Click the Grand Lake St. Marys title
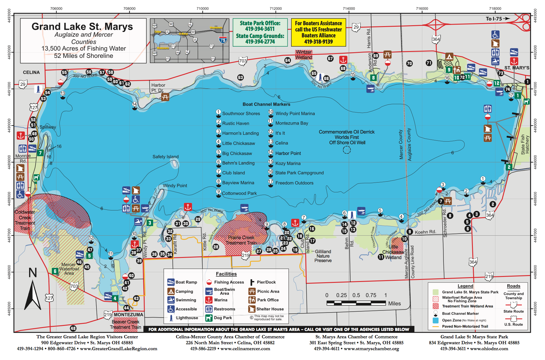pos(82,27)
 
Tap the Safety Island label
pos(165,157)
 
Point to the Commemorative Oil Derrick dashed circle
pos(347,150)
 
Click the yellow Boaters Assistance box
pos(319,32)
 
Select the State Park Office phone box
pos(260,32)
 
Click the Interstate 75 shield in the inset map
pos(223,40)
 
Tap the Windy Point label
pos(175,185)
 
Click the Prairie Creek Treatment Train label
pos(241,240)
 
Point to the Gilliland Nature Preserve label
pos(323,256)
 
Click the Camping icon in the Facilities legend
pos(171,291)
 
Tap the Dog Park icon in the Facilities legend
pos(209,318)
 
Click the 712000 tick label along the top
pos(275,9)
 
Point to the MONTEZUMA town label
pos(128,315)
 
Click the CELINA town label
pos(31,72)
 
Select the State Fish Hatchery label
pos(525,145)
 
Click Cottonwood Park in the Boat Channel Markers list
pos(239,193)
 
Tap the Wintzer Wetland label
pos(304,55)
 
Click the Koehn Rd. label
pos(425,232)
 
